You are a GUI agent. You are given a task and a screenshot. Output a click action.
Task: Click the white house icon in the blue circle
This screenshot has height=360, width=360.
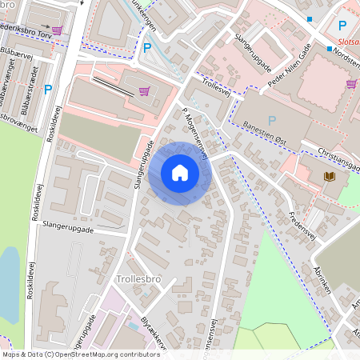pos(180,173)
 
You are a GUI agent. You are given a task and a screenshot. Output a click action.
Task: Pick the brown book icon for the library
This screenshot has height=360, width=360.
pos(329,176)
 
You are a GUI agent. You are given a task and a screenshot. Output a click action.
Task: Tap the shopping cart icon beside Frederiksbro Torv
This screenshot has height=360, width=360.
pos(144,91)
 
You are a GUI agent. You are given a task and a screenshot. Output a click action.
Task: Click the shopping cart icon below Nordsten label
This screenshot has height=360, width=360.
pos(351,83)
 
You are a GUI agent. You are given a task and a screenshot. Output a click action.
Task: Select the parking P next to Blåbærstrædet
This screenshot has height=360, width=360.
pos(48,90)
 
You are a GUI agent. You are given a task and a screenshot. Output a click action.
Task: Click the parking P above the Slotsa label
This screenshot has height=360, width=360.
pos(342,26)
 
